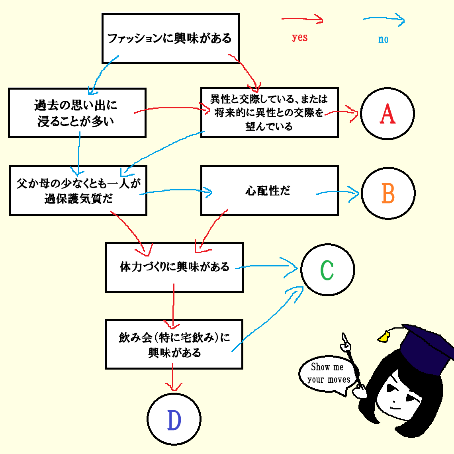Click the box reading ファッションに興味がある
coord(170,38)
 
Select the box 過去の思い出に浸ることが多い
coord(77,113)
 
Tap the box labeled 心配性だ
coord(269,191)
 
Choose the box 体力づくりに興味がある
coord(174,267)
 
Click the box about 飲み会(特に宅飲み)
coord(174,344)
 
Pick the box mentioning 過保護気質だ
coord(78,191)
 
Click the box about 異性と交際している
coord(269,113)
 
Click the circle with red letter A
coord(387,114)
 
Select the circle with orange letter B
coord(388,194)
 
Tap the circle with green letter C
coord(327,270)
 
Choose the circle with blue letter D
coord(174,419)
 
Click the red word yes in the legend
coord(299,38)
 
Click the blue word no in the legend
coord(383,39)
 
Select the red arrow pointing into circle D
coord(172,378)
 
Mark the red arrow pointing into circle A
coord(342,113)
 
